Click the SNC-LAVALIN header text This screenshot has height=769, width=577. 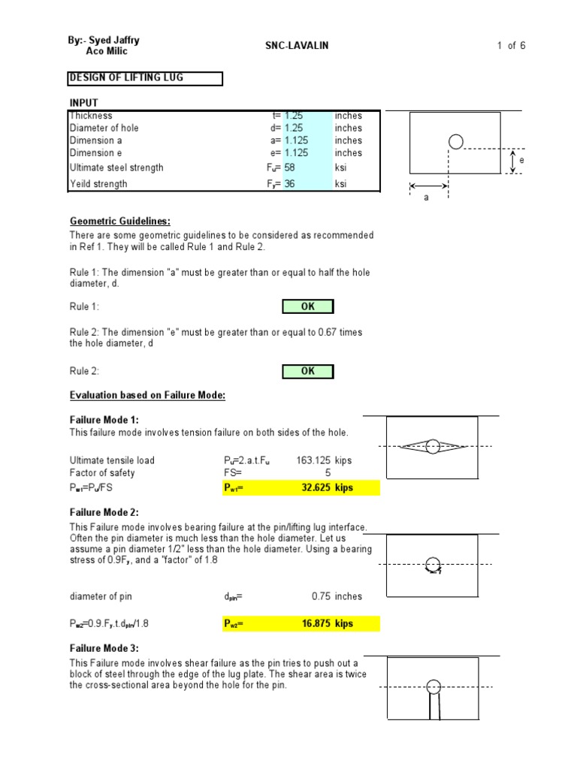click(x=297, y=46)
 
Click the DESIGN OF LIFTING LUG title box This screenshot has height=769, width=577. click(x=145, y=78)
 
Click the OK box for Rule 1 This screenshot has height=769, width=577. click(x=308, y=306)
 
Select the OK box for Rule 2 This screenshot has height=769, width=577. click(x=308, y=371)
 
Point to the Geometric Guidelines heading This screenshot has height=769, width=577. click(x=120, y=221)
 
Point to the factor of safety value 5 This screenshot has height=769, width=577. click(x=328, y=472)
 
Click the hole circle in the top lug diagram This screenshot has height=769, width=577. click(x=455, y=140)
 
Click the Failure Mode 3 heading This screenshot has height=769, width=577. click(x=104, y=648)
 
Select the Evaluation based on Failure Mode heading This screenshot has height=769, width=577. click(x=147, y=396)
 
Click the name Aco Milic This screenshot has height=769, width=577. click(x=107, y=51)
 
